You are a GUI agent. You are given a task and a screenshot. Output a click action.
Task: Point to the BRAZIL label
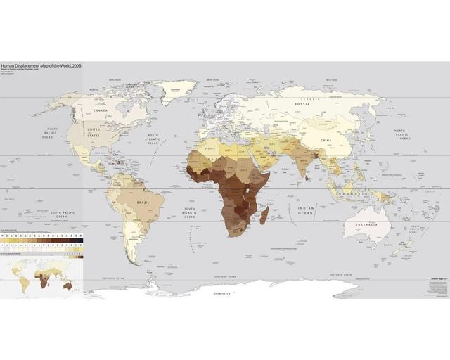click(143, 202)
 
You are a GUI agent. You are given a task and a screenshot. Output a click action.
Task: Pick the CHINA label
click(326, 141)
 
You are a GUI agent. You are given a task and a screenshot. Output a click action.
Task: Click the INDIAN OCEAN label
click(305, 210)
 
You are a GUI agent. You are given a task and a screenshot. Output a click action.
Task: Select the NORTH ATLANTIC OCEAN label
click(154, 138)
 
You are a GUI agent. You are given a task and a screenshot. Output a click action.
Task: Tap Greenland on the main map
click(179, 91)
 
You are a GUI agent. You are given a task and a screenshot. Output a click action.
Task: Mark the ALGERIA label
click(209, 149)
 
